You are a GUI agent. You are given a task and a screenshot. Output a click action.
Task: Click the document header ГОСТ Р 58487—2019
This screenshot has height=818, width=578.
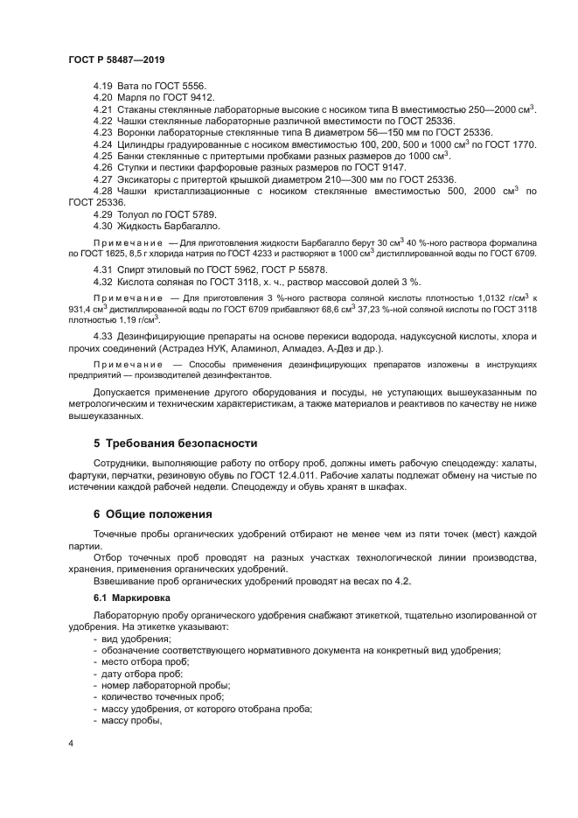click(x=116, y=59)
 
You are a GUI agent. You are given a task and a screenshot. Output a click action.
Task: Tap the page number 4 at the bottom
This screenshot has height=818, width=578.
click(x=70, y=743)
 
